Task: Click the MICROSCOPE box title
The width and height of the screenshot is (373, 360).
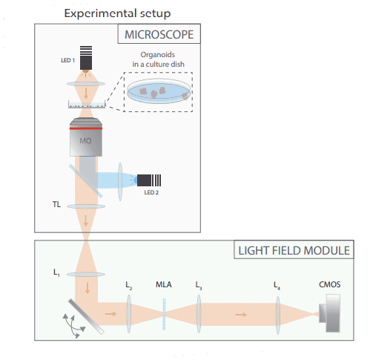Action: [x=159, y=34]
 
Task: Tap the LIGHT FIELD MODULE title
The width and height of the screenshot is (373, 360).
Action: [x=294, y=250]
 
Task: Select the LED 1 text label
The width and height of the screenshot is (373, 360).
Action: [x=67, y=60]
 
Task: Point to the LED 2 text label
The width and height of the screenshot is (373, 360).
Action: [x=151, y=192]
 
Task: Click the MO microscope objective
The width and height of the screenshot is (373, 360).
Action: [x=86, y=137]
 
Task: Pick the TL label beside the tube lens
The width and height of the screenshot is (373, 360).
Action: [x=56, y=204]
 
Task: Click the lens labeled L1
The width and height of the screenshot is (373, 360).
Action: [x=86, y=274]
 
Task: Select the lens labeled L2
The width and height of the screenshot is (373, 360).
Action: [x=129, y=314]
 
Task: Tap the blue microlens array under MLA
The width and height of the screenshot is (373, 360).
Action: [x=164, y=314]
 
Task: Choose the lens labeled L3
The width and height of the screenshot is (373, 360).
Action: [x=199, y=314]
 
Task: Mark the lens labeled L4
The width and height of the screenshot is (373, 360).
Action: [x=277, y=315]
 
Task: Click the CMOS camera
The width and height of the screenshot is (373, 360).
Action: [x=330, y=313]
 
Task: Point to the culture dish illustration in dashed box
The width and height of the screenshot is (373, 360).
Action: [x=159, y=91]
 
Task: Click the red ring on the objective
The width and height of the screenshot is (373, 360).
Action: [x=86, y=128]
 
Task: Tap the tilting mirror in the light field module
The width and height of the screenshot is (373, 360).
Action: [x=86, y=317]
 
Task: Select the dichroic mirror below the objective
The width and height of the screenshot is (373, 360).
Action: [x=85, y=181]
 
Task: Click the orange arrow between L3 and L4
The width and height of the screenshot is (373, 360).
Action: [x=241, y=315]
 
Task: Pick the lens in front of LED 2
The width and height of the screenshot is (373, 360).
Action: [x=120, y=182]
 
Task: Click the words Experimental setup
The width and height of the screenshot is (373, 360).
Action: [x=117, y=13]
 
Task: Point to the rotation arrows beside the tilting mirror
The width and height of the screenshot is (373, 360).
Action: [x=73, y=325]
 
